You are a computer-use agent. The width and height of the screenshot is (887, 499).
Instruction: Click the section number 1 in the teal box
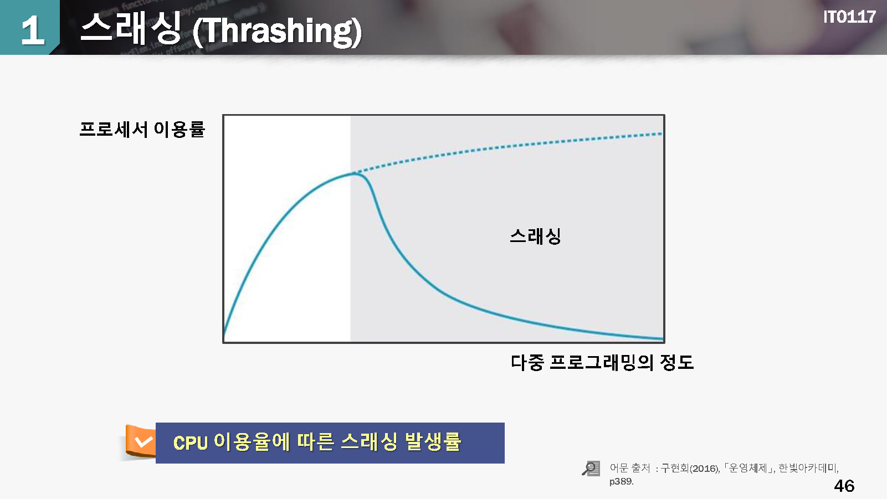point(33,30)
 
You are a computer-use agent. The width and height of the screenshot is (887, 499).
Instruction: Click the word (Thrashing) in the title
point(277,32)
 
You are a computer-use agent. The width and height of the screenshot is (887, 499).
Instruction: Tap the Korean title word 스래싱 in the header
point(131,28)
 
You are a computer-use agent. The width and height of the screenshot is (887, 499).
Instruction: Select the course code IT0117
point(849,17)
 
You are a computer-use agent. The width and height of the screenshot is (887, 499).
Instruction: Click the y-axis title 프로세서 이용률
point(142,130)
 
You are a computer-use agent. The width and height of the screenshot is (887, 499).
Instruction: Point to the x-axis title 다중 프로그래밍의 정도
point(602,362)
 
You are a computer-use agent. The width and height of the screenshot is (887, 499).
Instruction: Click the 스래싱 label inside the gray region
point(535,236)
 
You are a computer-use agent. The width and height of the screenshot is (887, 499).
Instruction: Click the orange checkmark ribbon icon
point(140,441)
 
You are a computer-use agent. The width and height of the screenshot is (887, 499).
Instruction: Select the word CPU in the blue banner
point(191,443)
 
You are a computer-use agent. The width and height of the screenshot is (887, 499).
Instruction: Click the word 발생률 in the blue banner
point(433,441)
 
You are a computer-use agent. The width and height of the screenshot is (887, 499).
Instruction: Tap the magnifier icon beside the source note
point(591,469)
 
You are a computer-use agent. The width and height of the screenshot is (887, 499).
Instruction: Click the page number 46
point(844,486)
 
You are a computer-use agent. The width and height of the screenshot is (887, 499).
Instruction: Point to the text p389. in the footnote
point(621,482)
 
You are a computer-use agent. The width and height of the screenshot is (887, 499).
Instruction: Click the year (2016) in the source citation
point(705,469)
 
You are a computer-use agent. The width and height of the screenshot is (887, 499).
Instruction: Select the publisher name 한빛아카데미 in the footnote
point(807,468)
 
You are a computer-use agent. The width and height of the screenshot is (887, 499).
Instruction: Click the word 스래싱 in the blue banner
point(368,441)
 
